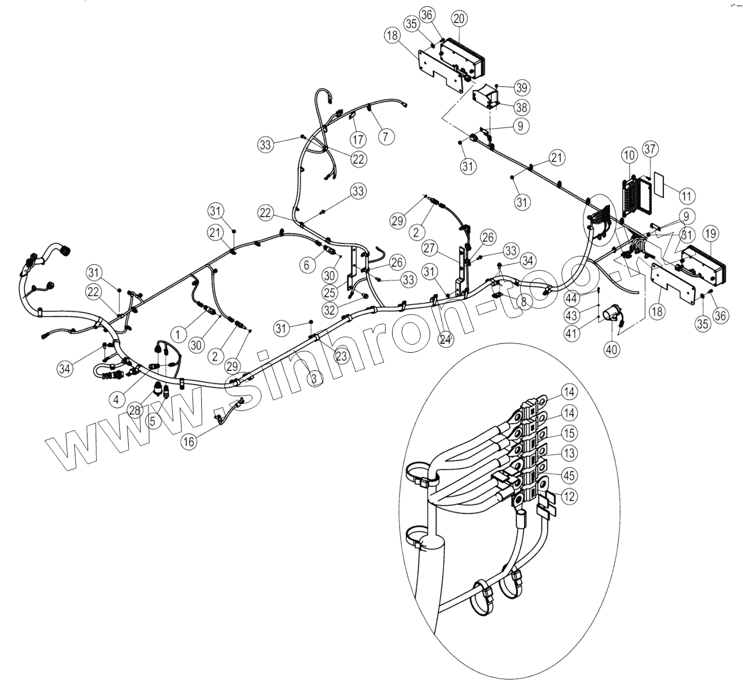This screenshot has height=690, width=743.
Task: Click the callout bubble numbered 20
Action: (x=459, y=18)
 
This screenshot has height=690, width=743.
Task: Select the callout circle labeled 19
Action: (x=710, y=234)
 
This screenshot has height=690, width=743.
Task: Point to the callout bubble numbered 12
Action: (x=570, y=496)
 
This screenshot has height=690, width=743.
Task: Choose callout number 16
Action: (x=189, y=441)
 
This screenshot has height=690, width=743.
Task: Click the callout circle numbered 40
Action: (x=612, y=348)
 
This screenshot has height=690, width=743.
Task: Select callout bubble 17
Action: (x=358, y=138)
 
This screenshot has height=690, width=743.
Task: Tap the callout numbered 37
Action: (x=651, y=149)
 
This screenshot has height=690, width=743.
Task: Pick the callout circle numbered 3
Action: (x=314, y=378)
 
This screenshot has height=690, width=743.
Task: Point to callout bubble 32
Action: (x=329, y=310)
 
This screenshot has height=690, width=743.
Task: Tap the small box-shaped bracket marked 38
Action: (x=487, y=98)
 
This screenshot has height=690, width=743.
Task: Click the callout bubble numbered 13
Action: (x=570, y=453)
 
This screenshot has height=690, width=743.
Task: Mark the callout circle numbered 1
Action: (x=178, y=333)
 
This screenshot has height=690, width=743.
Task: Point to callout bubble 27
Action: (x=430, y=248)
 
